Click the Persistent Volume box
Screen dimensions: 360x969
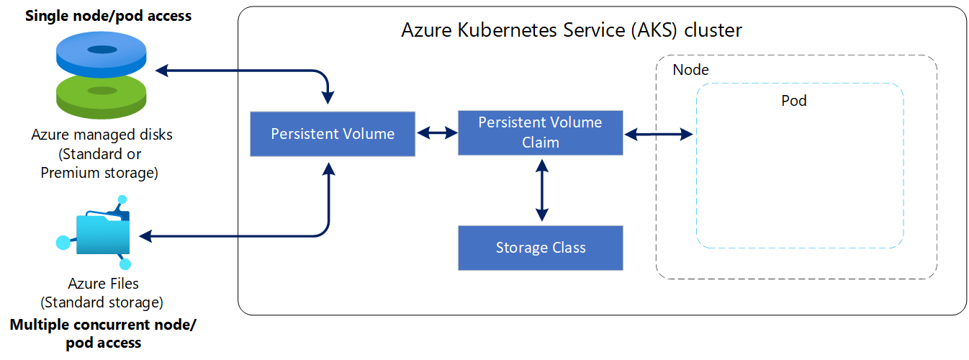333,134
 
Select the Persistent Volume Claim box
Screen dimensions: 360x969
540,132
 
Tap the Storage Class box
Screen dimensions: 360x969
540,248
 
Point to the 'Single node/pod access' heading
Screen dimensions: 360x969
109,15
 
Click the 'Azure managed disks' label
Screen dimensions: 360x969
102,135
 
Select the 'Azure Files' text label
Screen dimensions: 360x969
102,283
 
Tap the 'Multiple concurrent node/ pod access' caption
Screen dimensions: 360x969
102,333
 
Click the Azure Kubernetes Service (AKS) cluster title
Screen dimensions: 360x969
571,31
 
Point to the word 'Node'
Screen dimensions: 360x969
690,70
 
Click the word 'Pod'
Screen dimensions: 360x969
794,101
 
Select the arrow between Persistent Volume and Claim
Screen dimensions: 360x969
437,132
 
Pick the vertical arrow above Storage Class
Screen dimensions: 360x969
541,190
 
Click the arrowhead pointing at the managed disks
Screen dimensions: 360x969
162,71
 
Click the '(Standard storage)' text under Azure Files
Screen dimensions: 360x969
102,301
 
